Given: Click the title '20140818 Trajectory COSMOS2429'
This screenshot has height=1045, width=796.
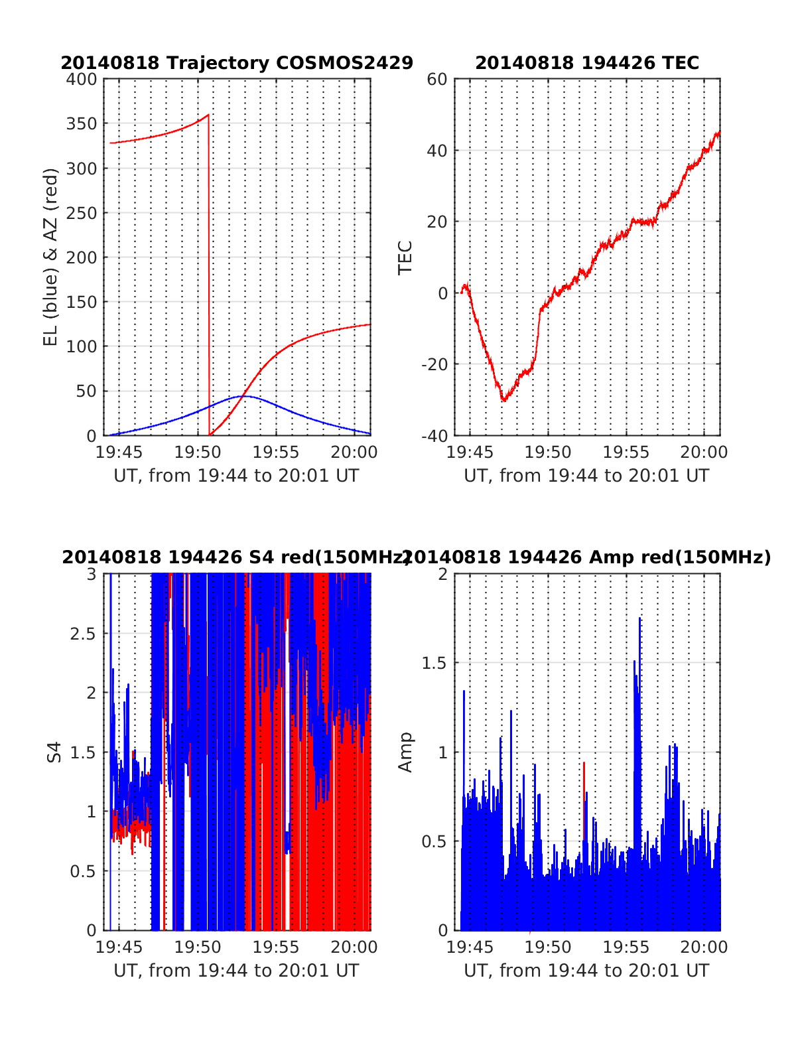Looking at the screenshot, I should coord(237,63).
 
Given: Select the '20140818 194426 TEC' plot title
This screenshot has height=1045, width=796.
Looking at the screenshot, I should coord(587,63).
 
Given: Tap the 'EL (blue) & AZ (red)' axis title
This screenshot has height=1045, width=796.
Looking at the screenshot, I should coord(51,257).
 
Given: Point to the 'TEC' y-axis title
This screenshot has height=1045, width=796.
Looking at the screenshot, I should coord(405,257).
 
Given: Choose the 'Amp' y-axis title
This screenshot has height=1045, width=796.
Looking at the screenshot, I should coord(405,752).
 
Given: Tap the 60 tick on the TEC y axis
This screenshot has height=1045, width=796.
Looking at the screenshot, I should coord(438,79).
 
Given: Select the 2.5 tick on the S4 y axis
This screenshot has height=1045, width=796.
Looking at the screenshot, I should coord(83,634).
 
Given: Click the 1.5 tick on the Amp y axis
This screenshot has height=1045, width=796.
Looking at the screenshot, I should coord(435,663).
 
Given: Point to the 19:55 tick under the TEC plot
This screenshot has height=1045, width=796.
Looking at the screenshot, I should coord(626,453).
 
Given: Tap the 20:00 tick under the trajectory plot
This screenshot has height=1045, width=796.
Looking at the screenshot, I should coord(354,453).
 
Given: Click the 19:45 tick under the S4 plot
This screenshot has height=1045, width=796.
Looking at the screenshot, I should coord(119,947).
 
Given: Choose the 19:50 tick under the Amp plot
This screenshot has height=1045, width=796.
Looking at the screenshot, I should coord(548,947).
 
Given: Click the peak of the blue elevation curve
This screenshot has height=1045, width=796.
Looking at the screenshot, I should coord(243,396).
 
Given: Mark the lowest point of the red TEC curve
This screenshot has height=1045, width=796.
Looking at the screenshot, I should coord(504,401).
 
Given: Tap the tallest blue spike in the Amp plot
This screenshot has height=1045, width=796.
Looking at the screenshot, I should coord(639,618).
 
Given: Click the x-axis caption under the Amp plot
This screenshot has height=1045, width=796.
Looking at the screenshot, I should coord(586,971).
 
